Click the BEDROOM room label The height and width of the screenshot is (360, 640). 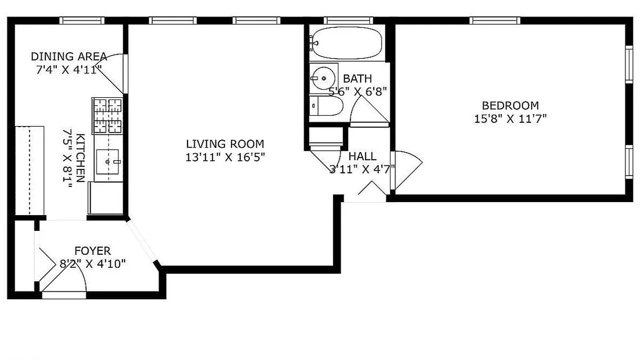pyautogui.click(x=510, y=106)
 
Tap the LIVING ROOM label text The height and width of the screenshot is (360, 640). pyautogui.click(x=225, y=144)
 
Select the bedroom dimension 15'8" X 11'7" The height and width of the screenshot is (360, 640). pyautogui.click(x=510, y=119)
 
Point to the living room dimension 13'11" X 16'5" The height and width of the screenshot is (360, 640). pyautogui.click(x=225, y=157)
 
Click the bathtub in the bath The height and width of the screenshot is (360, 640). pyautogui.click(x=346, y=43)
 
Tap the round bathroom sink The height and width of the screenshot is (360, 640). pyautogui.click(x=323, y=78)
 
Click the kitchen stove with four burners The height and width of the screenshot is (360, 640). pyautogui.click(x=107, y=116)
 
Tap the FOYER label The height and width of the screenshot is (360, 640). pyautogui.click(x=92, y=251)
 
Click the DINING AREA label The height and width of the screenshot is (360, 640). pyautogui.click(x=69, y=57)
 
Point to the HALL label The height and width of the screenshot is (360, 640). pyautogui.click(x=363, y=157)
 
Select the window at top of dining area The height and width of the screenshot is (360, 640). pyautogui.click(x=82, y=20)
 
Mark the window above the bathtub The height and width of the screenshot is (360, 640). pyautogui.click(x=348, y=20)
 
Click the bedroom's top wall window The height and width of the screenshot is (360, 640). pyautogui.click(x=495, y=20)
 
